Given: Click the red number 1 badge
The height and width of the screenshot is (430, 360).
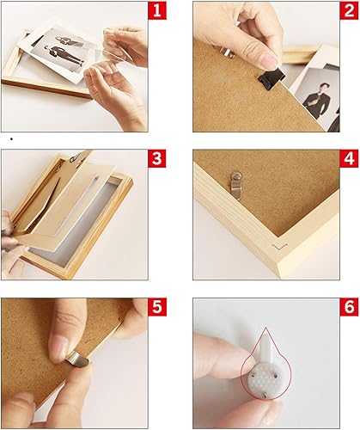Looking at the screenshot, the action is coord(157,10).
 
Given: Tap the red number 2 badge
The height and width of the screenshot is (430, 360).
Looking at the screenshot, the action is coord(349,10).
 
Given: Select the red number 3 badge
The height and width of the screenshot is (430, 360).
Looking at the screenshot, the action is coord(157,158).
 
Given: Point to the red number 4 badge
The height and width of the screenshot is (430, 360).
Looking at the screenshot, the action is coord(349,158).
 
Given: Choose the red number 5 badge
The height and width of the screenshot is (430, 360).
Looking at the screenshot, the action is coord(157,307).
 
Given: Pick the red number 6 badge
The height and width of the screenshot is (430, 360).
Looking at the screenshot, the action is coord(349,307).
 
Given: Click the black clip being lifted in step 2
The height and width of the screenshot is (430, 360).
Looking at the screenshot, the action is coord(272,79).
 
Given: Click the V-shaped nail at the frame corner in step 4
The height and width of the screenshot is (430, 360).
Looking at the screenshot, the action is coord(280,247).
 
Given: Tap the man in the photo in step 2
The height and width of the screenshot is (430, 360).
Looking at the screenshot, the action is coord(316,99).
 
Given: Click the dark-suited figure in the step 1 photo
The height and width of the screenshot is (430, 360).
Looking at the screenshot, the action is coord(63,56).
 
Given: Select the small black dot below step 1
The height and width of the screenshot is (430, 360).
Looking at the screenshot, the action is coord(11,139).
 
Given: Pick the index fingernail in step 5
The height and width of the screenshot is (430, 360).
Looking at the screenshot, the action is coord(59,349).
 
